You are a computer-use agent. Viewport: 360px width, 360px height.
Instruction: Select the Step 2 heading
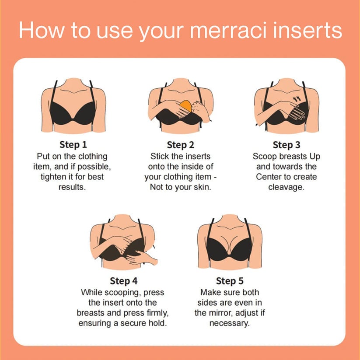pyautogui.click(x=181, y=145)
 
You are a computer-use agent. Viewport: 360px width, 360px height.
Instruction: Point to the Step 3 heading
pyautogui.click(x=286, y=145)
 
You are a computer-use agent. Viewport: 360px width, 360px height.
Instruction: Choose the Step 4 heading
pyautogui.click(x=123, y=281)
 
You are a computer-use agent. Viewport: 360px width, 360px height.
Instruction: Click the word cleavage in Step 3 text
pyautogui.click(x=286, y=188)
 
